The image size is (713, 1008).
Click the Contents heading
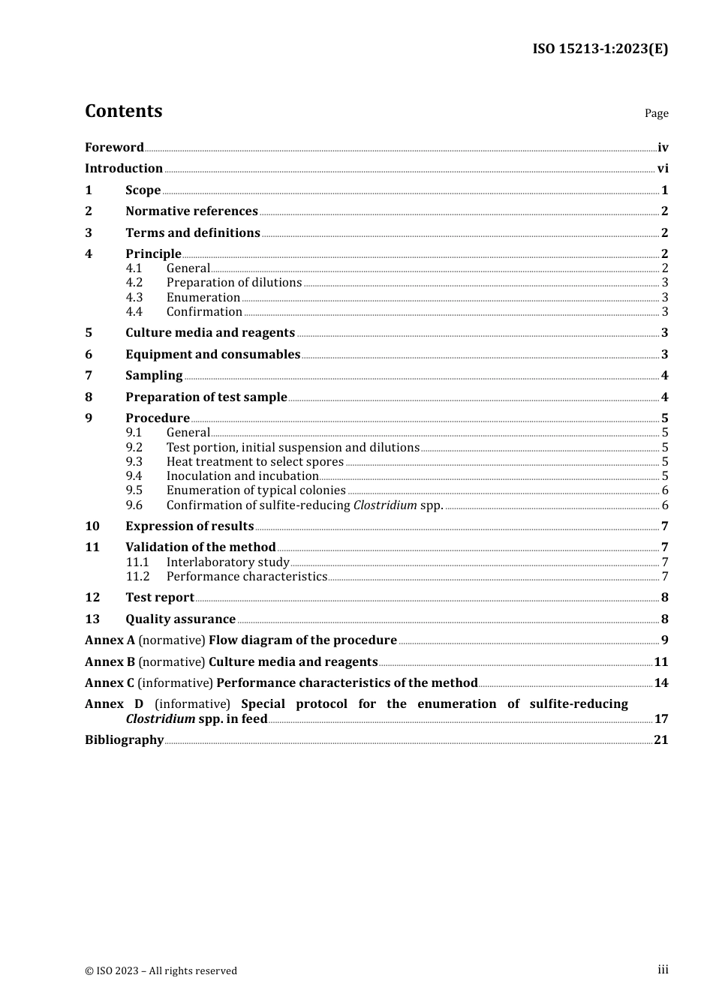123,111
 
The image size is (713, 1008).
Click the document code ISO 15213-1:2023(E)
600,49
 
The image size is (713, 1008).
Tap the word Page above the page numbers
656,113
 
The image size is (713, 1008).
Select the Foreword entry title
114,148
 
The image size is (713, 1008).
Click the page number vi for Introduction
662,169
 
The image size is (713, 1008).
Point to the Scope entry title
143,190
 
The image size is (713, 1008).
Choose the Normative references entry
191,211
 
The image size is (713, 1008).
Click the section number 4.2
134,283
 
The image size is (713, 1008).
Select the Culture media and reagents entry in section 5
210,333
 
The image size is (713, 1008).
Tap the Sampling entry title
154,376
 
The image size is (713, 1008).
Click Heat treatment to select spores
254,462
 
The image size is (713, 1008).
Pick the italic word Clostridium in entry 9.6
385,505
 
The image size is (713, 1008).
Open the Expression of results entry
189,526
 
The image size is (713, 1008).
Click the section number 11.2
137,577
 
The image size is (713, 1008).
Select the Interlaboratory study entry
227,562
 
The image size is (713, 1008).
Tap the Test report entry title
159,598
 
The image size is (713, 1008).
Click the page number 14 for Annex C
660,683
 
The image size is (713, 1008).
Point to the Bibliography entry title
124,740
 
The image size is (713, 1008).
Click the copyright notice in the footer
161,970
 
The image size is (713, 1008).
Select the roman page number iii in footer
663,970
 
